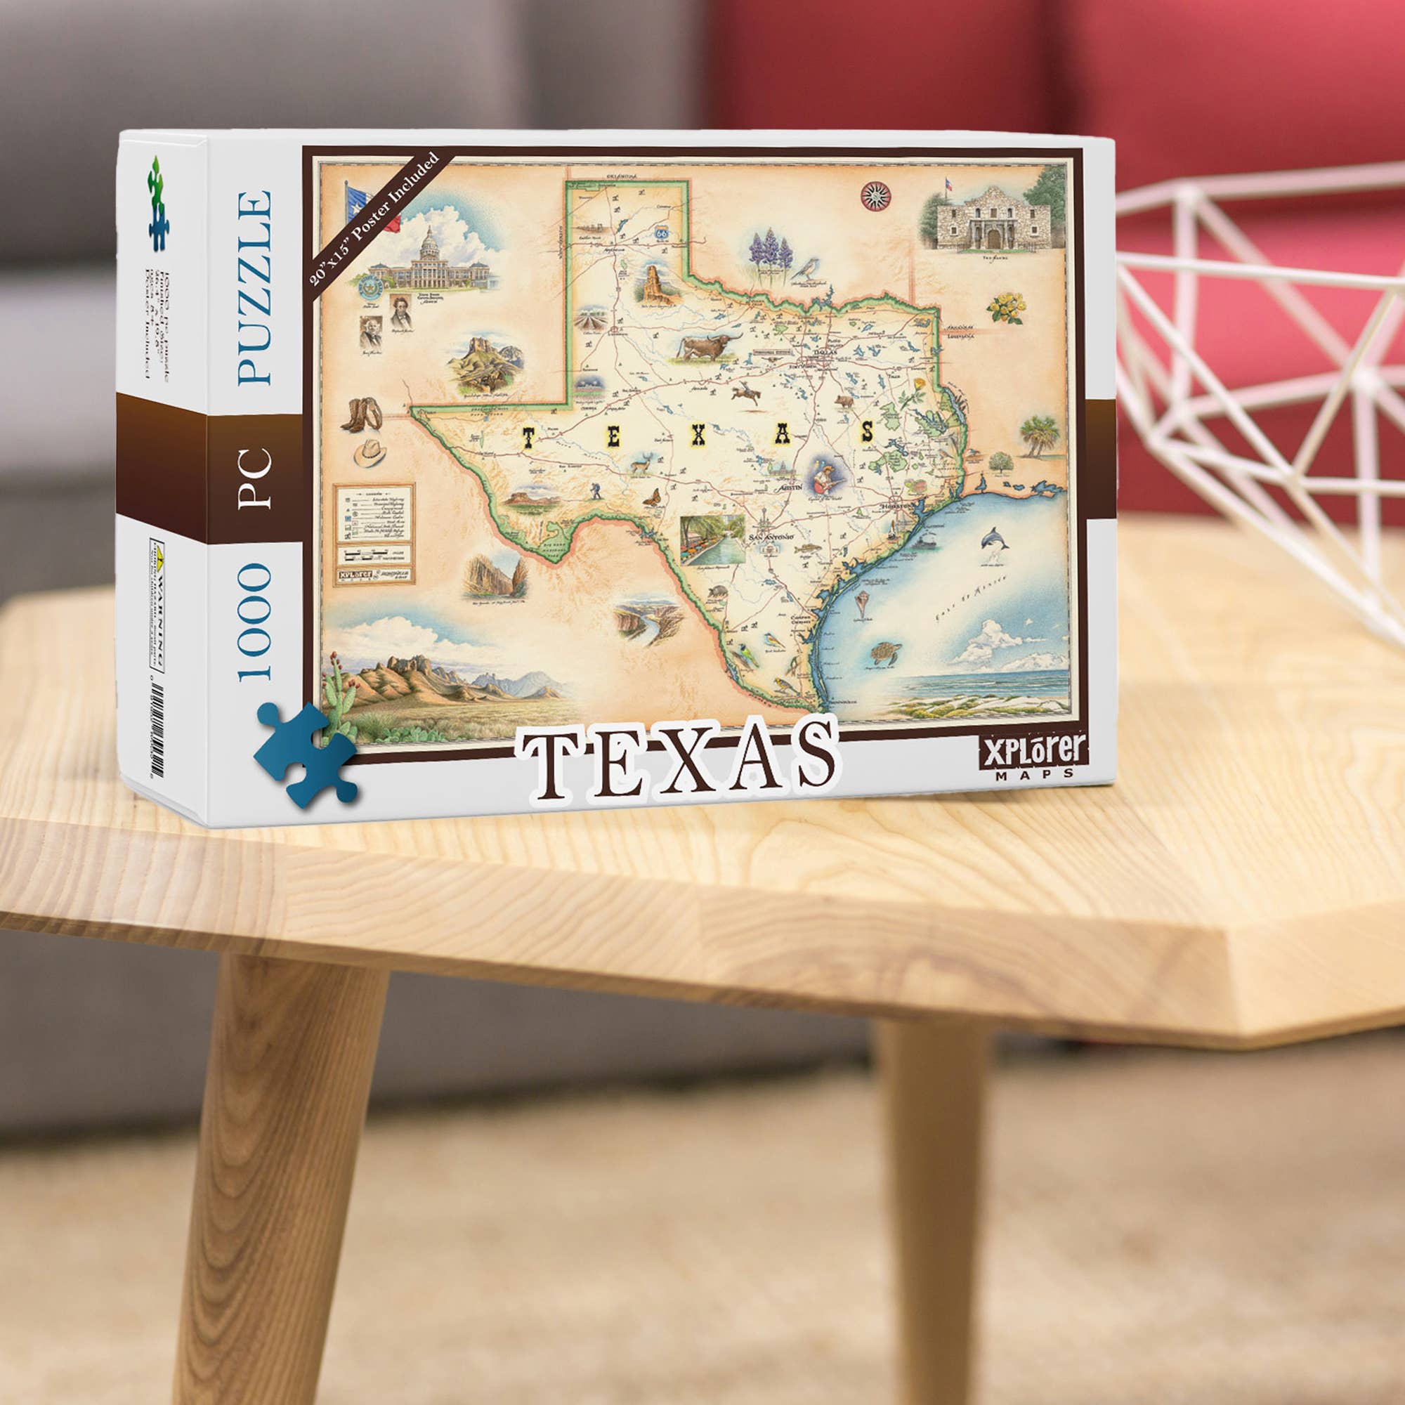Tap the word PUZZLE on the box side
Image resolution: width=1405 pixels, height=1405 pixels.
254,288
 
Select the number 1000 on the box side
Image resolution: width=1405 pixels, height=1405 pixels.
254,622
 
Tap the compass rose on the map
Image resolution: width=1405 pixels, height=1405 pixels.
875,195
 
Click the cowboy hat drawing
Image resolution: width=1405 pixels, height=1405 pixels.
370,452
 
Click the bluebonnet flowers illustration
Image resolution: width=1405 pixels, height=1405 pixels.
771,254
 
